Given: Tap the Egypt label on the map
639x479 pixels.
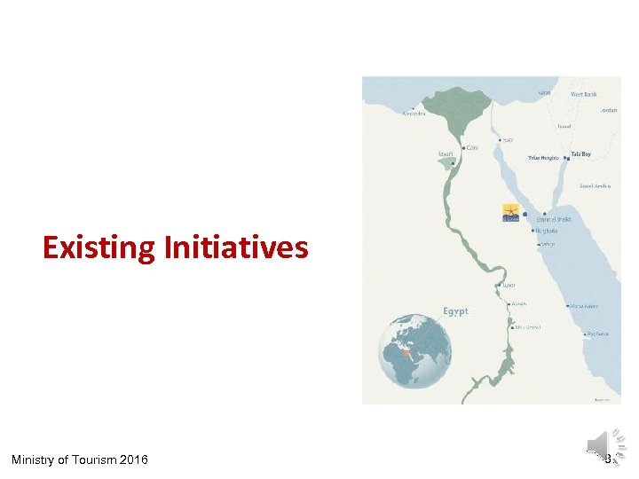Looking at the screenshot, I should [455, 311].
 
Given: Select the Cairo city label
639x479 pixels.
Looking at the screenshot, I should [471, 148].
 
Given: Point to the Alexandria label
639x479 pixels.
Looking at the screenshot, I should [414, 114].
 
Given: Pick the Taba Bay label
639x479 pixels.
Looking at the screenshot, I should [580, 154].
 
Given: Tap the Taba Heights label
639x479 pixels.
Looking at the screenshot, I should [543, 158].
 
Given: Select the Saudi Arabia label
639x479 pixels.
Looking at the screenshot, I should [594, 185].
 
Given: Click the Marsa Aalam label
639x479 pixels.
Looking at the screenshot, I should [583, 306].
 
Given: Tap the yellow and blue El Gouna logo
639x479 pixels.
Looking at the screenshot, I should [511, 214].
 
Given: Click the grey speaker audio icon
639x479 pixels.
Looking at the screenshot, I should [598, 444].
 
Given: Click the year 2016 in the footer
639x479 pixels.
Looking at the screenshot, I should [133, 459].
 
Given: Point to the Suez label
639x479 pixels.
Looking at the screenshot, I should [508, 139].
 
